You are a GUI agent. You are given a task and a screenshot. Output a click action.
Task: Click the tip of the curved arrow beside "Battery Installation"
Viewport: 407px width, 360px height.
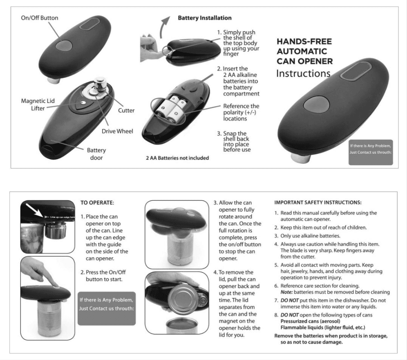(x=170, y=17)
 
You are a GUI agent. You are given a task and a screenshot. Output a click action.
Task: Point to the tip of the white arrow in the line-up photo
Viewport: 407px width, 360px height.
(x=43, y=217)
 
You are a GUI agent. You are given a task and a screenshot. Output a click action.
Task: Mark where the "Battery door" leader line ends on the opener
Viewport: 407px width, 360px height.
(x=51, y=141)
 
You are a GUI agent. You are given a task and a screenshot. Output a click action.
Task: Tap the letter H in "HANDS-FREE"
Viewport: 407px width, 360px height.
(x=280, y=42)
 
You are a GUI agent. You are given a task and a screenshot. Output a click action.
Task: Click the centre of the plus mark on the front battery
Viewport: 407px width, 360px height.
(x=176, y=113)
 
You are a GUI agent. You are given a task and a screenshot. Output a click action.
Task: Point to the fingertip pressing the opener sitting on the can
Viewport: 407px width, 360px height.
(x=56, y=284)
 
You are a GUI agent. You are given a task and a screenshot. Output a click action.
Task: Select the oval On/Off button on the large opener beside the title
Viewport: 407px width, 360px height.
(x=316, y=104)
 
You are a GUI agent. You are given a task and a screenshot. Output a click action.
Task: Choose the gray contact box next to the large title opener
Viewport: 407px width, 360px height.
(x=370, y=152)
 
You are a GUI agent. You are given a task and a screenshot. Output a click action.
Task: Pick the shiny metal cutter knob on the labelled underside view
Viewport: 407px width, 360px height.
(x=100, y=83)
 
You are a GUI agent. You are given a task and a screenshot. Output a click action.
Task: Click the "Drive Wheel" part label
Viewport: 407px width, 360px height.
(x=117, y=131)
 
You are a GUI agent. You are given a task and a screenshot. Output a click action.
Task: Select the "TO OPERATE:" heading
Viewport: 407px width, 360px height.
(x=97, y=203)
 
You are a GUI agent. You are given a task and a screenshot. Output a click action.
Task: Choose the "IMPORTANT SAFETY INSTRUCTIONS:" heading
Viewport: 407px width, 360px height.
(x=318, y=202)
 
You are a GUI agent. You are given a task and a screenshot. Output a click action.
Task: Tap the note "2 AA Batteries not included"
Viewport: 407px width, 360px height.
(x=177, y=158)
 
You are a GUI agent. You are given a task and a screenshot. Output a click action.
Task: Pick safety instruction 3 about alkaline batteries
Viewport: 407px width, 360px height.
(x=307, y=236)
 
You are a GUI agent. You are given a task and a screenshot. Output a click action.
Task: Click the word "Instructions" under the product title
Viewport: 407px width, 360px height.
(x=303, y=73)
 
